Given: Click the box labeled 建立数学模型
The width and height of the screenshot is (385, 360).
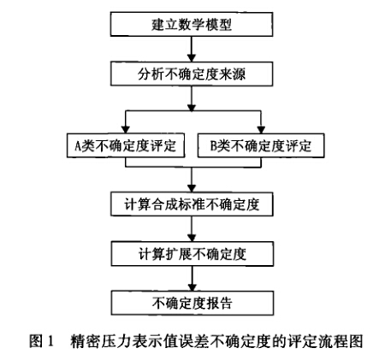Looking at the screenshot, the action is click(192, 24).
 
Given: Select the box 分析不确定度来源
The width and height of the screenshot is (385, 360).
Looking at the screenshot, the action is click(192, 74).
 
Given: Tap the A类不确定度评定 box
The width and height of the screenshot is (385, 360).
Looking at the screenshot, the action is click(126, 145).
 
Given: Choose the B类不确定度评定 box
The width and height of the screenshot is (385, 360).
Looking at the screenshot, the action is click(261, 145).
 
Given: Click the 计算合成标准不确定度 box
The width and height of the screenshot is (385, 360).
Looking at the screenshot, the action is click(192, 204).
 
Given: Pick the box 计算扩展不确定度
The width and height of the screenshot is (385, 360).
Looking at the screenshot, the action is click(192, 254).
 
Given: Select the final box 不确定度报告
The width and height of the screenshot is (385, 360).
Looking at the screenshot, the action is click(192, 303).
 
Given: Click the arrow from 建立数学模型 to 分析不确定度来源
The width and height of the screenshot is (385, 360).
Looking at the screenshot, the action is click(192, 49).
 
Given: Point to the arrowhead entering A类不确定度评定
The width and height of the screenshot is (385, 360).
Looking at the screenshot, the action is click(126, 130).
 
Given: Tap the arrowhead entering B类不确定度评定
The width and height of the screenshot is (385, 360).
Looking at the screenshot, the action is click(261, 130).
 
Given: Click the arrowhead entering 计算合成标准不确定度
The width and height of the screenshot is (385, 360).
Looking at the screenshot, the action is click(192, 188).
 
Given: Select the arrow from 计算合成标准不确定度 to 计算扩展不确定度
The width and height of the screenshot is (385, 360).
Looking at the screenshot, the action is click(192, 229).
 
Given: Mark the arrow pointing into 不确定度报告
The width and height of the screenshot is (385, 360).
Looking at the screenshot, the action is click(192, 279).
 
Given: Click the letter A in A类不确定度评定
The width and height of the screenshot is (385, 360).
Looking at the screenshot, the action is click(78, 146).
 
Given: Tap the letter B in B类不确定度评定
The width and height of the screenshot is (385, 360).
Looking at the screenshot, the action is click(214, 146).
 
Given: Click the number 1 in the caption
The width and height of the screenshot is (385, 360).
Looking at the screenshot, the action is click(50, 341).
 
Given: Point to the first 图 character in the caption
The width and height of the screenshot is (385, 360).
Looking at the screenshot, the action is click(36, 341).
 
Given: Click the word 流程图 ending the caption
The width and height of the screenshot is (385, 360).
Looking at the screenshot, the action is click(342, 341).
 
